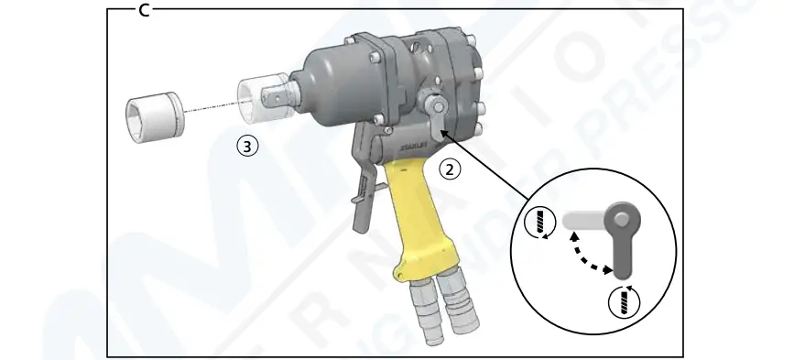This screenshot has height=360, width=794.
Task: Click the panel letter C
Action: tap(144, 8)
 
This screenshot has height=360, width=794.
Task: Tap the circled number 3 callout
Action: tap(245, 144)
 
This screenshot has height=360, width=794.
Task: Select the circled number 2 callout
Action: tap(449, 168)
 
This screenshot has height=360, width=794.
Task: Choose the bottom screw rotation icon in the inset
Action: tap(624, 300)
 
